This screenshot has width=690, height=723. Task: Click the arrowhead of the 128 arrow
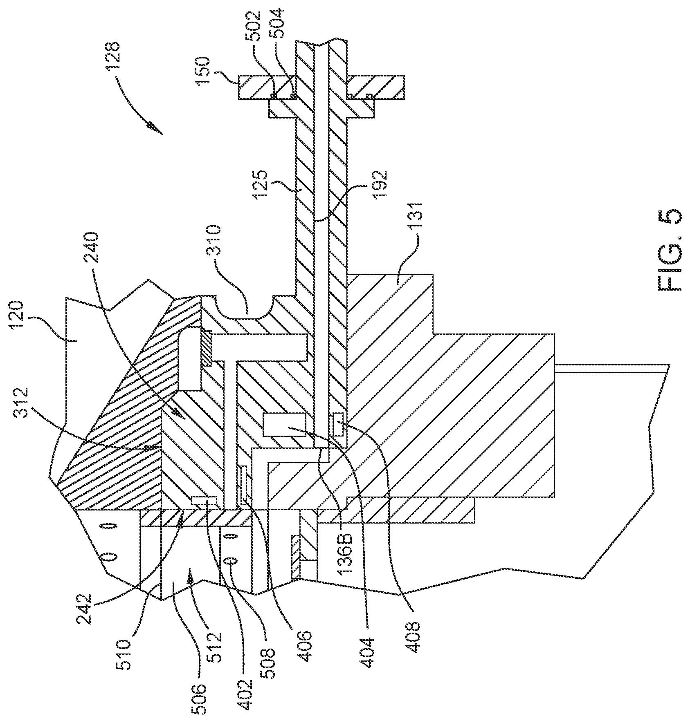pos(155,128)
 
